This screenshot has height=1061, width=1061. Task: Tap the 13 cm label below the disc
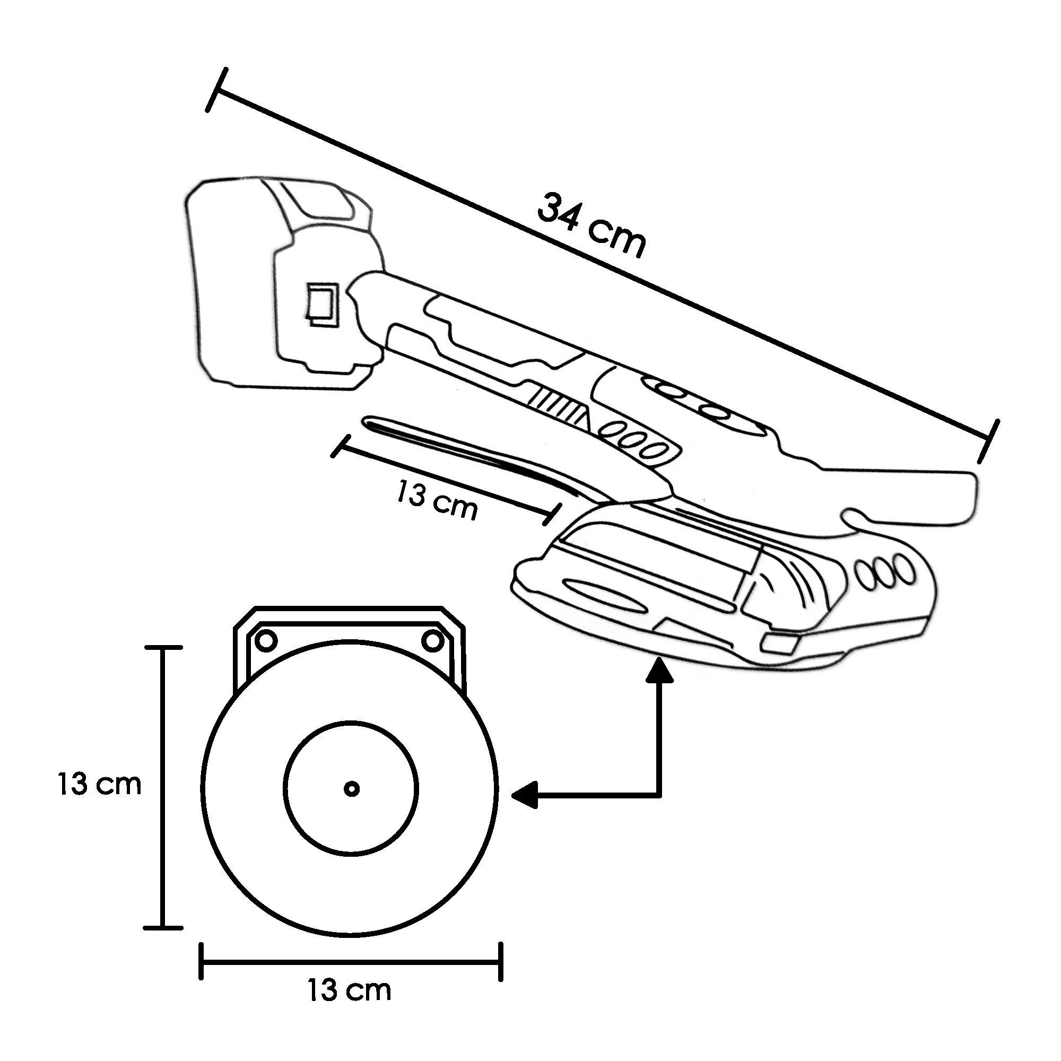pos(349,990)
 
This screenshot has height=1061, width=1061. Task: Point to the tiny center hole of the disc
pos(352,789)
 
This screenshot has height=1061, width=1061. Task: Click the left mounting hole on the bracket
pos(267,640)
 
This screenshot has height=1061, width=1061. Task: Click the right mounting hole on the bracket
pos(433,640)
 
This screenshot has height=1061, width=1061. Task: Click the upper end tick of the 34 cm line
pos(216,90)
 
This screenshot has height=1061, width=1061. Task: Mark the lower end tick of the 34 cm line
pos(987,441)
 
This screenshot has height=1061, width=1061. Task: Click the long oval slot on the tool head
pos(604,596)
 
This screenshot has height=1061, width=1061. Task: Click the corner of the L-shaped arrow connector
pos(659,794)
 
